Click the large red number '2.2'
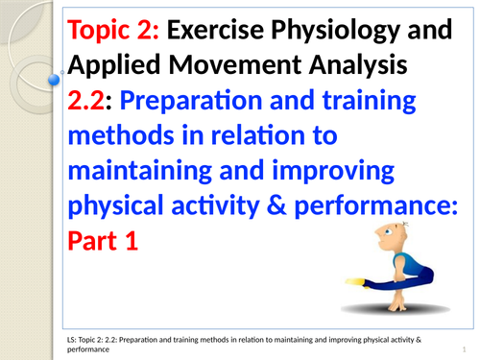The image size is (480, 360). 88,101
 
